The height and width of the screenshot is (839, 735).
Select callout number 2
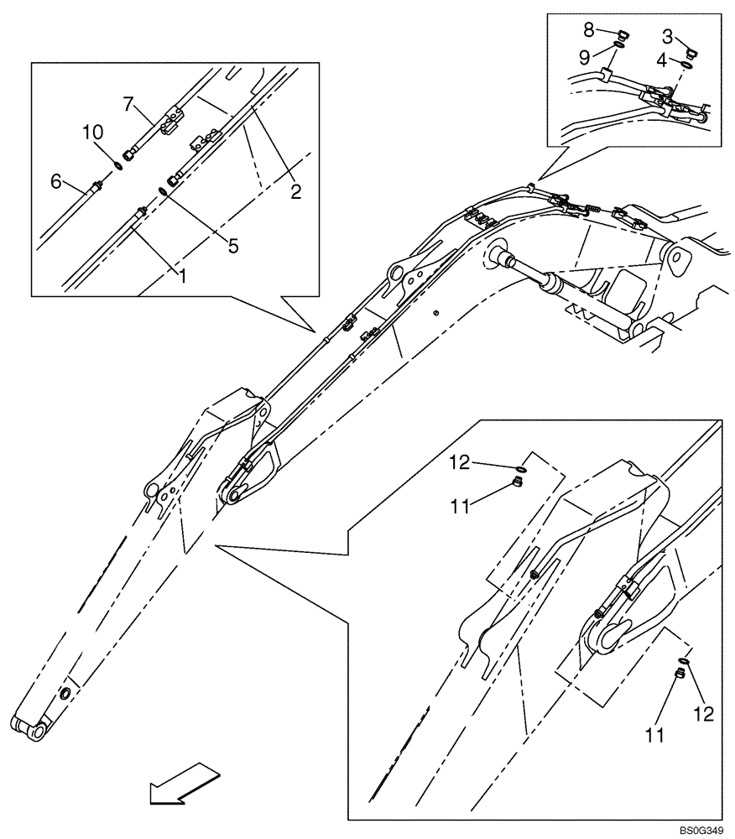click(295, 192)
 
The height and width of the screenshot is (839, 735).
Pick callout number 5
click(233, 247)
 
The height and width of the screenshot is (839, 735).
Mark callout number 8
click(589, 30)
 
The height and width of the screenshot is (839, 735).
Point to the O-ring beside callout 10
click(119, 166)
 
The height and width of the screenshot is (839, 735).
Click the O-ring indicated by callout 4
click(685, 65)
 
